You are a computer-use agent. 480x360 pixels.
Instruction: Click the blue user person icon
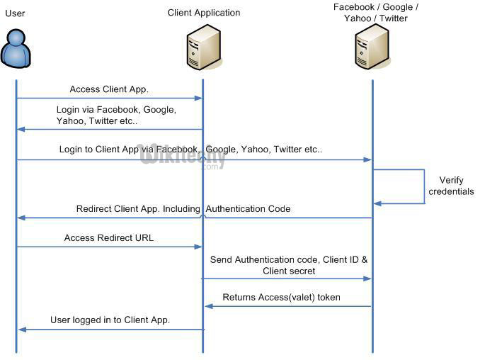[x=16, y=48]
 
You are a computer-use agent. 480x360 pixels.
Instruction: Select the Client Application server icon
[x=204, y=47]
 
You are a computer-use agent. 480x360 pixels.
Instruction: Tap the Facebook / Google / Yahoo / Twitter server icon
[x=372, y=47]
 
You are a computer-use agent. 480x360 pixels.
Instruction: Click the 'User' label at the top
[x=15, y=13]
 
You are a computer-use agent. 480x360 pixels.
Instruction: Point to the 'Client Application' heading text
[x=204, y=13]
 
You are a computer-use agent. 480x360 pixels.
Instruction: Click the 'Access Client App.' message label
[x=109, y=89]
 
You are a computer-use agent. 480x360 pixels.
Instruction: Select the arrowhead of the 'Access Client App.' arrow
[x=198, y=99]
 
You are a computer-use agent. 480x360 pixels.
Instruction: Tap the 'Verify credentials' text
[x=451, y=186]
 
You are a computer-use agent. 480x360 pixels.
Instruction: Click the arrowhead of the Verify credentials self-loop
[x=377, y=203]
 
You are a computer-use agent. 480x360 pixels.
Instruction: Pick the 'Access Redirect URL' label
[x=109, y=237]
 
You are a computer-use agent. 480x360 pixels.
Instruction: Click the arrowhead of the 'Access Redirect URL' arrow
[x=198, y=247]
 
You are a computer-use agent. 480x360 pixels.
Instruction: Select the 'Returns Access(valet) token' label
[x=281, y=297]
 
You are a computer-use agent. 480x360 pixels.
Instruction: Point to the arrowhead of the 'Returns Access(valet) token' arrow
[x=209, y=306]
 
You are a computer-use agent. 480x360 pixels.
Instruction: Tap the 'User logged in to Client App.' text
[x=110, y=320]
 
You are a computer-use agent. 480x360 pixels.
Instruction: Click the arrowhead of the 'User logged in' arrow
[x=23, y=330]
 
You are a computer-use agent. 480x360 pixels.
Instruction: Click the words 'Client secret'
[x=289, y=271]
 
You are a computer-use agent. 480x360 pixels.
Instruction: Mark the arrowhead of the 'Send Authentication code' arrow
[x=367, y=279]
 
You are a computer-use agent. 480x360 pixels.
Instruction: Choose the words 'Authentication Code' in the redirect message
[x=248, y=208]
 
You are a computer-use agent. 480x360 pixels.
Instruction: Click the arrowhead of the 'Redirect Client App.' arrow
[x=21, y=218]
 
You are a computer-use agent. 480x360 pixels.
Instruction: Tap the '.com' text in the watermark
[x=210, y=167]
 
